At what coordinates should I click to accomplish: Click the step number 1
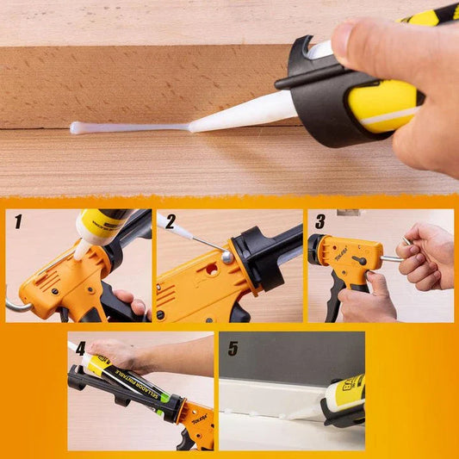click(x=18, y=222)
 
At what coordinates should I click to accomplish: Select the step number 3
click(x=319, y=222)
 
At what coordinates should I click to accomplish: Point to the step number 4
click(x=80, y=349)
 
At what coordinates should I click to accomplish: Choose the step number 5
click(x=231, y=349)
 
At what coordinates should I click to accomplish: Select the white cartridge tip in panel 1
click(x=82, y=250)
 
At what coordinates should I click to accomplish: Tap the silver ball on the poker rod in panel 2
click(x=226, y=257)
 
